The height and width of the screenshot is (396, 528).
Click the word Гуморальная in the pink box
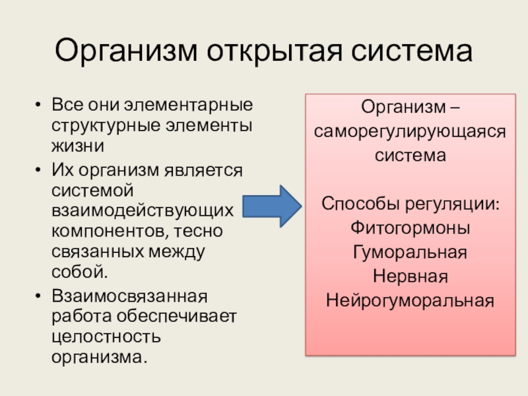click(x=411, y=251)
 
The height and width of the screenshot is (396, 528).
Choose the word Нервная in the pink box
click(x=411, y=276)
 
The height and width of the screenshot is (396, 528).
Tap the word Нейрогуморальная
click(x=411, y=300)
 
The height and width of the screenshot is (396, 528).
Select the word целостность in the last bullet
click(x=106, y=336)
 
